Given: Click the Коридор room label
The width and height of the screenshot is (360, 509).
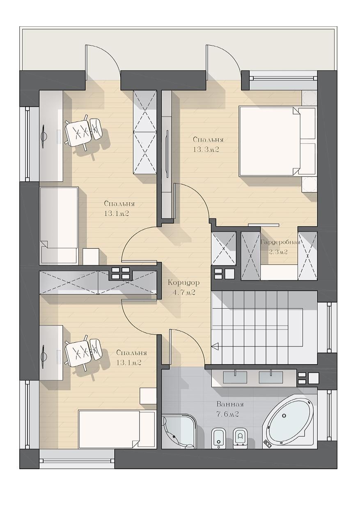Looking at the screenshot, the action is pyautogui.click(x=183, y=283).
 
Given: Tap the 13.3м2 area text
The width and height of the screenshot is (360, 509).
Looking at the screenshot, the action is pyautogui.click(x=206, y=149).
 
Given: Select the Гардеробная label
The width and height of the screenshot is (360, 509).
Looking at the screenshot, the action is pyautogui.click(x=280, y=242).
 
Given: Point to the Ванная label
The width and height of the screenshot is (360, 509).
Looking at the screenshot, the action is pyautogui.click(x=230, y=404).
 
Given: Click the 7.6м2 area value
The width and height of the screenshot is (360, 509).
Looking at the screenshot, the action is pyautogui.click(x=227, y=415).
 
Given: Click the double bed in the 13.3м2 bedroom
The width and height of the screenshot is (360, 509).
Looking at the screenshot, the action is pyautogui.click(x=277, y=141).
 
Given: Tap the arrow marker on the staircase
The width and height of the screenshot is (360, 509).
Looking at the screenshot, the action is pyautogui.click(x=215, y=346).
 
